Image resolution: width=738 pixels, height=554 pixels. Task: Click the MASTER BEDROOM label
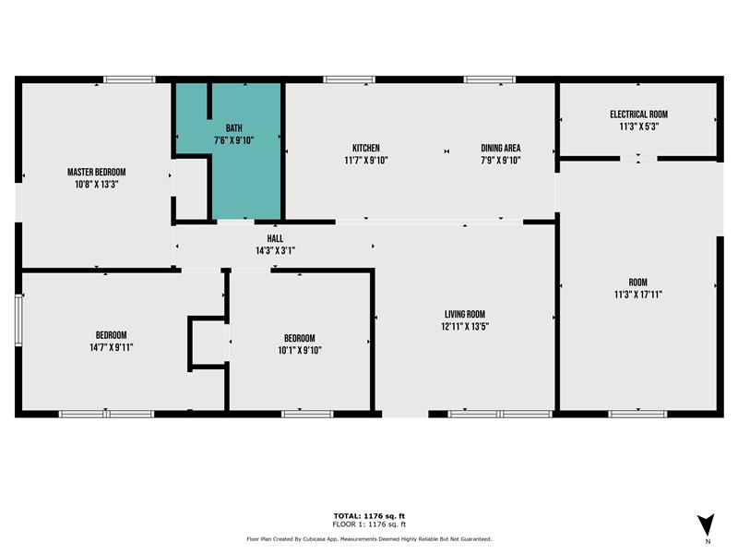click(97, 173)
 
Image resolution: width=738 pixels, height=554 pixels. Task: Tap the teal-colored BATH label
click(234, 128)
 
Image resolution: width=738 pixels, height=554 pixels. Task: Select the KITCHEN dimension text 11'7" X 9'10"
click(366, 161)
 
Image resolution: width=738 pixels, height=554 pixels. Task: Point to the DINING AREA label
click(501, 148)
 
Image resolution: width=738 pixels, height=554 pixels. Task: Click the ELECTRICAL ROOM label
click(638, 114)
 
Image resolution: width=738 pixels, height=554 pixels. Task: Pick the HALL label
click(275, 239)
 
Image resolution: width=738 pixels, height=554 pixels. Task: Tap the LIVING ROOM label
click(465, 314)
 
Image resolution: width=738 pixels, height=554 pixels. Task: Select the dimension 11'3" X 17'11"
click(638, 295)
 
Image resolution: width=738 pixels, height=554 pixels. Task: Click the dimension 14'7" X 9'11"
click(111, 348)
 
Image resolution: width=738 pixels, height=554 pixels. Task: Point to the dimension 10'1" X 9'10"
click(300, 351)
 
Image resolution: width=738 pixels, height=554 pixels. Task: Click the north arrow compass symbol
click(706, 524)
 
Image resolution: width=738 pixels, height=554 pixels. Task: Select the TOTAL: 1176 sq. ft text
click(369, 516)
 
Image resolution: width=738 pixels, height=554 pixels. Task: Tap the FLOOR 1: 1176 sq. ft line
click(369, 524)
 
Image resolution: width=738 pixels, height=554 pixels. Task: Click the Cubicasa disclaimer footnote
click(369, 539)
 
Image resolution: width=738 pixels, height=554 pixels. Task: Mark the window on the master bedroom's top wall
click(129, 79)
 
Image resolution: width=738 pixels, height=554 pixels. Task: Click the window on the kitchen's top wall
click(350, 79)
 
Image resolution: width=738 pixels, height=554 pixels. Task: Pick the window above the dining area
click(490, 79)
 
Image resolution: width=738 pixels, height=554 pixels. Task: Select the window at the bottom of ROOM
click(637, 414)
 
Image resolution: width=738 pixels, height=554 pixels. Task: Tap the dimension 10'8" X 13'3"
click(97, 185)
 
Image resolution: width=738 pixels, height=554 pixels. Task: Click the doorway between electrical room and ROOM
click(638, 159)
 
